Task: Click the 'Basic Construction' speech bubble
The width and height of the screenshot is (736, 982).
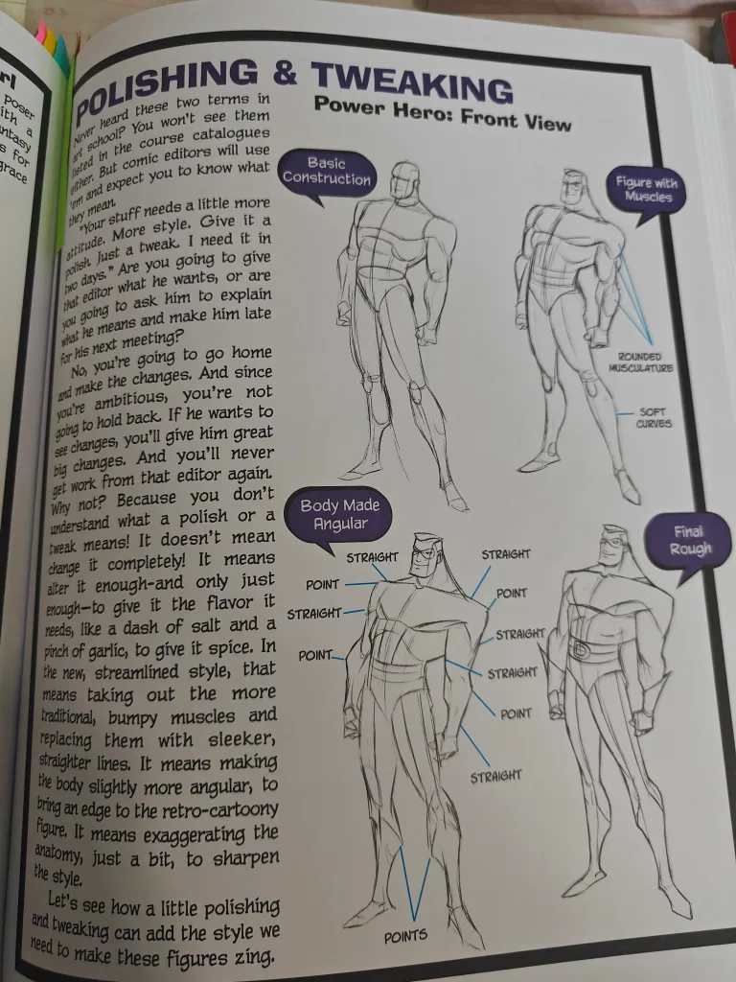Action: (x=326, y=172)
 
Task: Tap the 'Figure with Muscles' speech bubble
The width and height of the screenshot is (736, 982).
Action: (x=648, y=188)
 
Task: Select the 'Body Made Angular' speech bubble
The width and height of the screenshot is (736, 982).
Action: (x=340, y=514)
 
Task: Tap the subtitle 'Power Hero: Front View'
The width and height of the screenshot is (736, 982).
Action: (x=442, y=114)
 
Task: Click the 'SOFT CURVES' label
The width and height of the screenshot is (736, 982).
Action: (x=655, y=418)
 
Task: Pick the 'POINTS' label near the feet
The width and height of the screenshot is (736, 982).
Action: (x=405, y=935)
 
